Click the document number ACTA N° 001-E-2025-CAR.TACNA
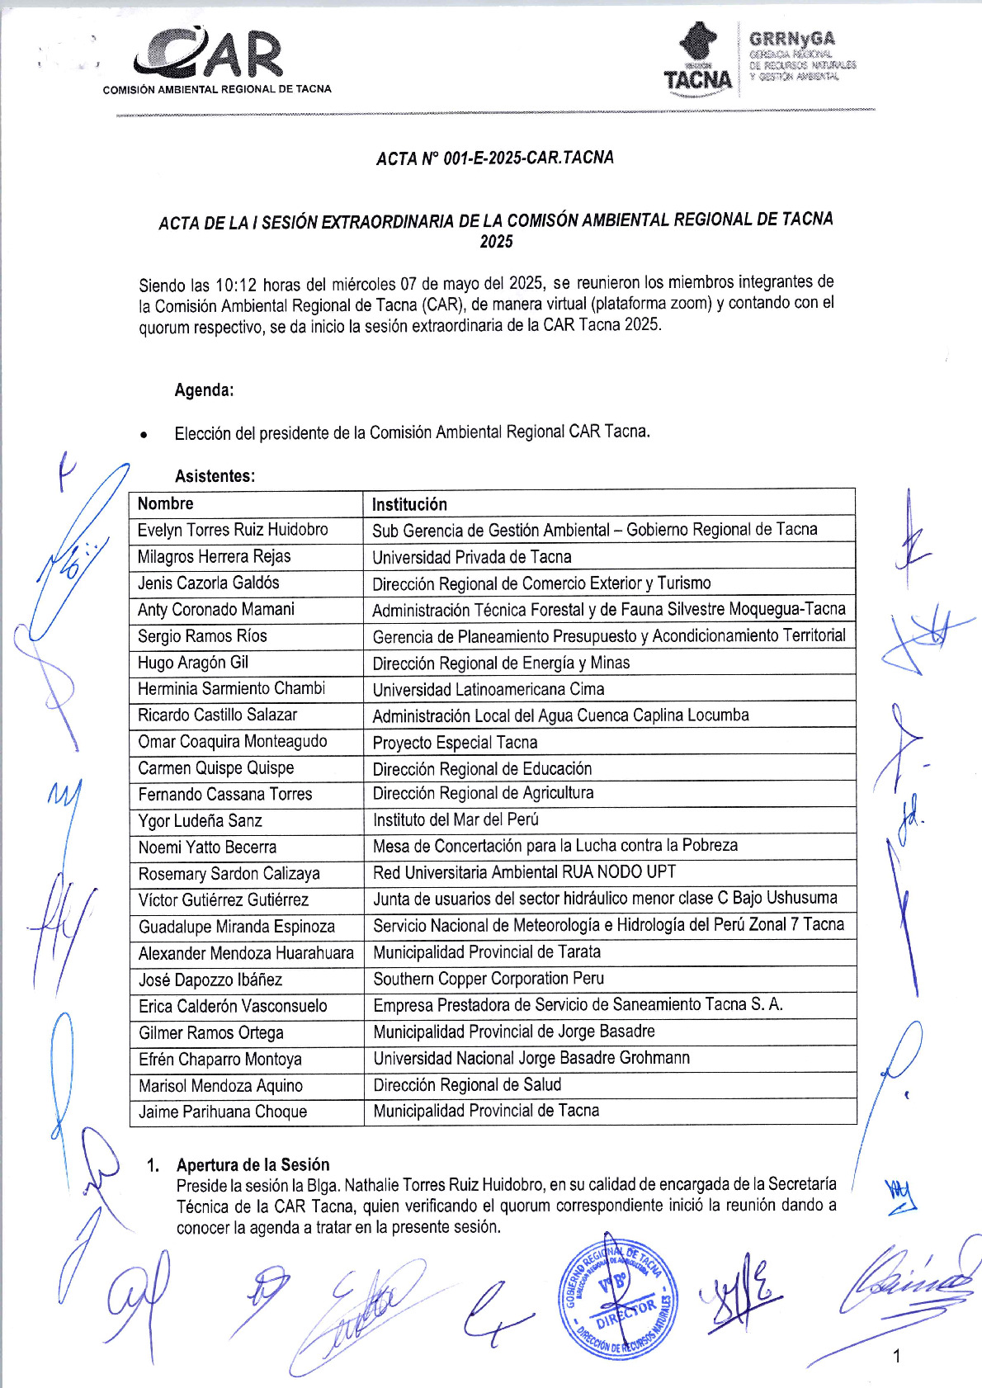494,158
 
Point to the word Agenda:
204,390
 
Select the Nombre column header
165,503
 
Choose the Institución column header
409,504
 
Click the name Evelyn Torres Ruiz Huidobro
233,530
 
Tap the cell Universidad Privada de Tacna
471,557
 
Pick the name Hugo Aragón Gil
193,663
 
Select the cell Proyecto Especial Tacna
455,743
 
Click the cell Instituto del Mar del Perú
456,819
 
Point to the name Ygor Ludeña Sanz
200,821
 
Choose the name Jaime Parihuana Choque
223,1112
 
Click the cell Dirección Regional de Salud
467,1084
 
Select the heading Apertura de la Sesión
253,1164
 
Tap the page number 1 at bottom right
897,1356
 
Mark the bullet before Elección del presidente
144,434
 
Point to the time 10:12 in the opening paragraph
237,286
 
